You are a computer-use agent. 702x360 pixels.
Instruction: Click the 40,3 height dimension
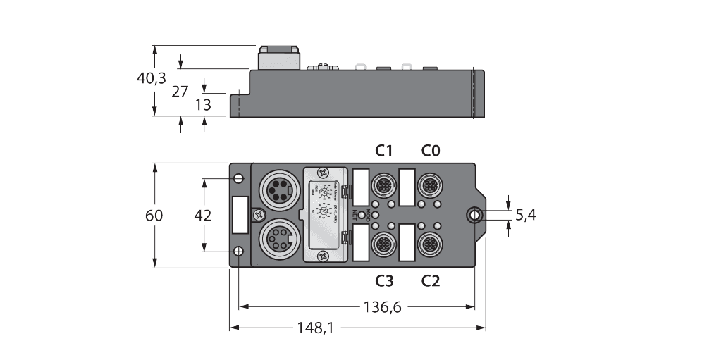(152, 78)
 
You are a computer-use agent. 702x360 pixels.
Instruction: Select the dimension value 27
(180, 91)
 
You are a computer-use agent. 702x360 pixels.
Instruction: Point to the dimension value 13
(203, 105)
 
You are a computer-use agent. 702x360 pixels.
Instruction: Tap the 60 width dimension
(154, 216)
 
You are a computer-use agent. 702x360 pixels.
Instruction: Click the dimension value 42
(202, 216)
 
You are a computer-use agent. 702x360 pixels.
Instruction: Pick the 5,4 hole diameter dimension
(525, 216)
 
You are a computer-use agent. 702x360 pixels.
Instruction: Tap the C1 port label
(384, 150)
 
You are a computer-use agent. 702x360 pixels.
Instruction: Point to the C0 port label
(431, 150)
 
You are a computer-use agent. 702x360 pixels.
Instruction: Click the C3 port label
(384, 281)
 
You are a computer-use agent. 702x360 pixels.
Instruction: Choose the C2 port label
(431, 281)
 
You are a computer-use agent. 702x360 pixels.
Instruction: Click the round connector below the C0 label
(429, 185)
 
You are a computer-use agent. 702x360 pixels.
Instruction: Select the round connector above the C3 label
(383, 244)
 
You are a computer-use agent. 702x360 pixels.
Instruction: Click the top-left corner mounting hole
(239, 177)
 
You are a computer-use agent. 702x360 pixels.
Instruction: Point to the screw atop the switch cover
(323, 171)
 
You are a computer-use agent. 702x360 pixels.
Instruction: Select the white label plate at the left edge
(240, 214)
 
